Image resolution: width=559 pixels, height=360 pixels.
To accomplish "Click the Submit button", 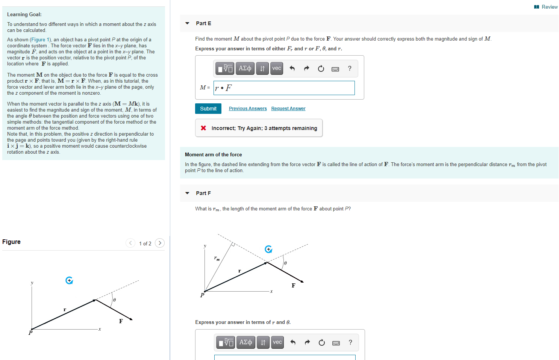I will [208, 109].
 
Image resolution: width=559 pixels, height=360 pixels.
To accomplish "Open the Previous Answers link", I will [248, 109].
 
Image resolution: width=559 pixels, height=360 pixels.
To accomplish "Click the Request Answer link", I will [288, 109].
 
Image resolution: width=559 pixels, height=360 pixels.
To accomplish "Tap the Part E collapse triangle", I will [187, 23].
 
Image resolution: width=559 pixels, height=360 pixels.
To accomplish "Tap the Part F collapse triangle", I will [187, 193].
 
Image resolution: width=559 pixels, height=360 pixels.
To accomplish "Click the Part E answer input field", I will [284, 88].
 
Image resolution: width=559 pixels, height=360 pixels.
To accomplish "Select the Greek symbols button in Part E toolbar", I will [245, 68].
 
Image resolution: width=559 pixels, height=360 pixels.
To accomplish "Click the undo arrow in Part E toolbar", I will [292, 68].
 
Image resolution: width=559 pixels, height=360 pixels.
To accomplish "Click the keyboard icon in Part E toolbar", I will [335, 69].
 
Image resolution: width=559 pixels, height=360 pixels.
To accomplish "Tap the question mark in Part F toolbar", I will [350, 342].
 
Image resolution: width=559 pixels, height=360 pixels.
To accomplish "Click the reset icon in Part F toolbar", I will [322, 342].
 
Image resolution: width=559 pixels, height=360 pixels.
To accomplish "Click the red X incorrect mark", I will [203, 128].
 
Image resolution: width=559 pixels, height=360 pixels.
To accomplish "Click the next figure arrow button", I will [160, 243].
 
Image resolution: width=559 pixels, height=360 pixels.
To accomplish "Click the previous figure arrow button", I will [130, 243].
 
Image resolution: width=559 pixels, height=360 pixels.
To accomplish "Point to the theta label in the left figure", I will [114, 300].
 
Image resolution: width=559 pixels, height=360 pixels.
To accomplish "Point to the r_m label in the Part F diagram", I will [217, 258].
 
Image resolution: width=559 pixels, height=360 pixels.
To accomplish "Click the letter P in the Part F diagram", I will [202, 295].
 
